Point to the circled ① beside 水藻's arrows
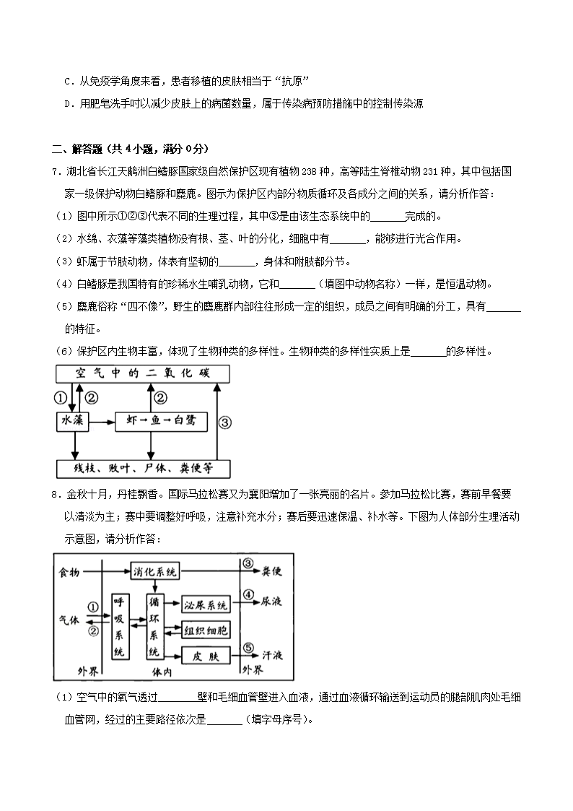pyautogui.click(x=61, y=397)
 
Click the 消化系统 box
pyautogui.click(x=154, y=571)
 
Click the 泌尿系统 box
pyautogui.click(x=205, y=604)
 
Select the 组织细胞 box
pyautogui.click(x=205, y=630)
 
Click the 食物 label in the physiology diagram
pyautogui.click(x=70, y=571)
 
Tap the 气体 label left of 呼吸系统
pyautogui.click(x=70, y=619)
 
